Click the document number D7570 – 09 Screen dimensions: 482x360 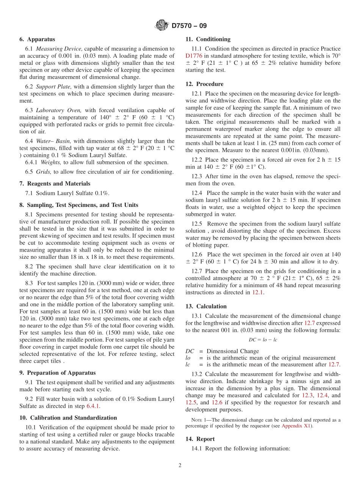click(x=189, y=26)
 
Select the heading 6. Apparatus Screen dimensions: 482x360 click(x=37, y=39)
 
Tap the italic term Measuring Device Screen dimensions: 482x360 click(x=59, y=49)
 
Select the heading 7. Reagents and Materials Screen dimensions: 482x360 click(x=55, y=184)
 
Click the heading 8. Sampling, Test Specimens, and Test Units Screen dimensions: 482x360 click(x=78, y=205)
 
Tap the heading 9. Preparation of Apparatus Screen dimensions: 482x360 click(x=57, y=373)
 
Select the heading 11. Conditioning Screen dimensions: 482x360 click(x=208, y=39)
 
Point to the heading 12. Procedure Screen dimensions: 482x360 click(x=204, y=84)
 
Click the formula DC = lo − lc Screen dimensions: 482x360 click(x=263, y=340)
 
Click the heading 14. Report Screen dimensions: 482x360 click(x=200, y=439)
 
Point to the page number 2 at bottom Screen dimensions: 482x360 click(x=180, y=465)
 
